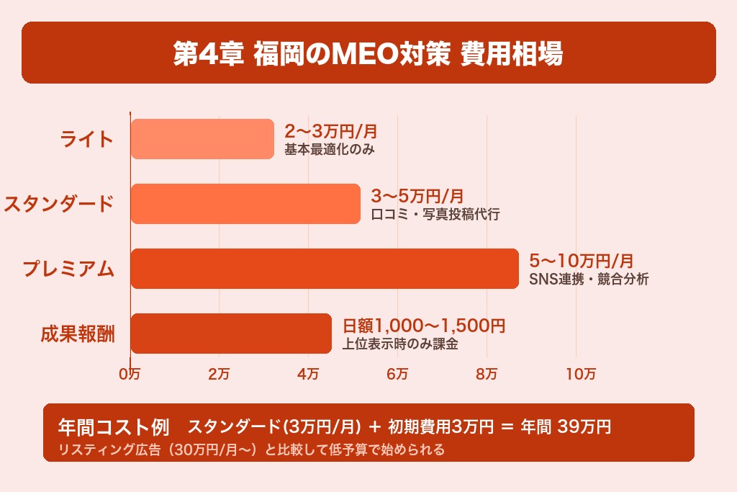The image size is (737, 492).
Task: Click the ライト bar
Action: [x=202, y=139]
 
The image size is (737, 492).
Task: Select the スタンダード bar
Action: [x=245, y=204]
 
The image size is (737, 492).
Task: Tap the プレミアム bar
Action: [x=325, y=269]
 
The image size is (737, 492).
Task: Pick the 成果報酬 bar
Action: [x=231, y=334]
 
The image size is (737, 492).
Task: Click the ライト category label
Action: [x=87, y=138]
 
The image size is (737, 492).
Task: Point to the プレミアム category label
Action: [x=68, y=269]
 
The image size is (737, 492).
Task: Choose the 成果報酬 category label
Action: [x=78, y=334]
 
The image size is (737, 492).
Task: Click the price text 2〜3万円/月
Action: [x=330, y=132]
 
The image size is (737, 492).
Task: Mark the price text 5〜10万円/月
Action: [x=582, y=261]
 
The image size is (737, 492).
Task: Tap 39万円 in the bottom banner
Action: [x=584, y=426]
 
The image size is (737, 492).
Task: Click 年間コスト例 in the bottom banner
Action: [x=113, y=427]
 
